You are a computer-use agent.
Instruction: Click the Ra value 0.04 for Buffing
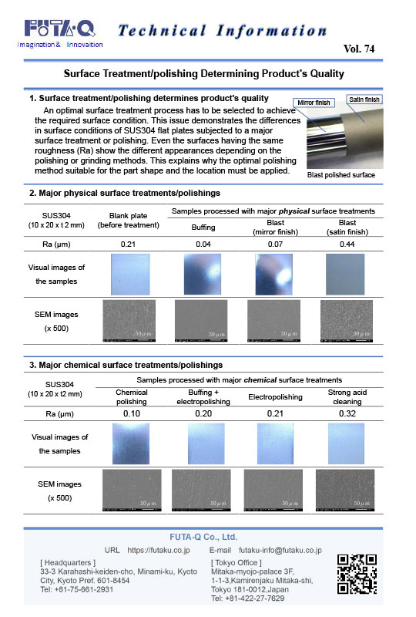(203, 244)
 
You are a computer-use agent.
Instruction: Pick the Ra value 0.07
(275, 244)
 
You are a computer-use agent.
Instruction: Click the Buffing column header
(203, 227)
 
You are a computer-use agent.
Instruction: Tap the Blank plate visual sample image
(129, 275)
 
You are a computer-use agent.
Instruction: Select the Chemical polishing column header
(131, 396)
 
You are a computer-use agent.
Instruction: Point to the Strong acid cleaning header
(345, 396)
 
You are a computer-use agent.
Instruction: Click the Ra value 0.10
(131, 413)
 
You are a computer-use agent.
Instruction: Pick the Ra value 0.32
(345, 413)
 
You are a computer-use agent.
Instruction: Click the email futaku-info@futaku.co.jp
(280, 551)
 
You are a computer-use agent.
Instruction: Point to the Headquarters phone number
(76, 589)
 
